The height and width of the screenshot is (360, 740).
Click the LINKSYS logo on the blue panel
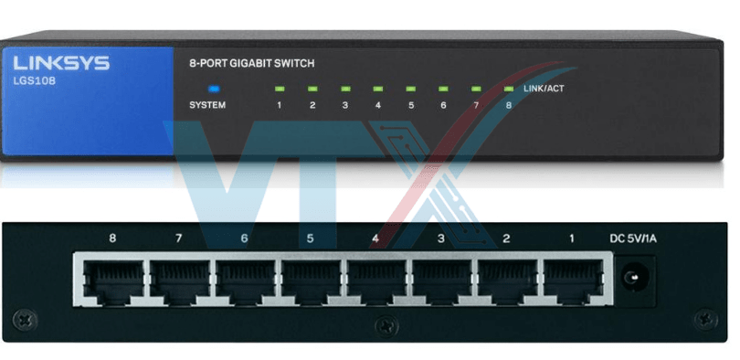coord(61,63)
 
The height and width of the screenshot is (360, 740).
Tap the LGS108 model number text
coord(35,80)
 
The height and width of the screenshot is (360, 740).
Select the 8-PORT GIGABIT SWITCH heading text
coord(251,63)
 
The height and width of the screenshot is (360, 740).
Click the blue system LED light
coord(215,89)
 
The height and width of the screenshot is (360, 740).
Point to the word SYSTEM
coord(207,105)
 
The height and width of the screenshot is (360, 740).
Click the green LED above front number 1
coord(279,89)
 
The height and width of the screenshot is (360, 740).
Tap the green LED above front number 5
coord(410,89)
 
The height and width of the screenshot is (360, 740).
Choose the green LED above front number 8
coord(509,89)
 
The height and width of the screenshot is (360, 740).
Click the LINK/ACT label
coord(544,89)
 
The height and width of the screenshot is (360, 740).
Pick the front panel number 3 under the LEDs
coord(345,106)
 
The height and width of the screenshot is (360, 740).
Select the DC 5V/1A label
coord(633,239)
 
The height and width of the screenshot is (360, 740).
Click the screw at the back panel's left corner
coord(25,321)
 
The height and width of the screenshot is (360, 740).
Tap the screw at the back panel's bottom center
coord(387,325)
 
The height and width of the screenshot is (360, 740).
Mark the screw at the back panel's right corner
coord(706,320)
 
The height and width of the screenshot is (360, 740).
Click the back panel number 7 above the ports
coord(178,238)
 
